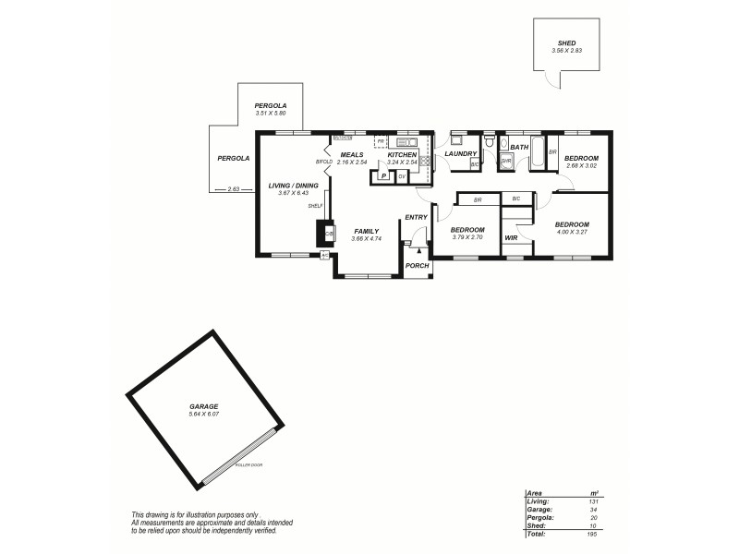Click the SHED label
click(566, 42)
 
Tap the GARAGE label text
click(203, 406)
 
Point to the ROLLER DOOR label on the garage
click(249, 465)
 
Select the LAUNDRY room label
click(460, 153)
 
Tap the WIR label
click(511, 238)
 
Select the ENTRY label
click(417, 217)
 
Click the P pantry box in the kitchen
click(382, 175)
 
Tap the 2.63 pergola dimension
click(233, 189)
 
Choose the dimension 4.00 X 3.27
click(572, 233)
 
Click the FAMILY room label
click(366, 231)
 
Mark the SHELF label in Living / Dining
click(315, 206)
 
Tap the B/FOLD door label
click(323, 163)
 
